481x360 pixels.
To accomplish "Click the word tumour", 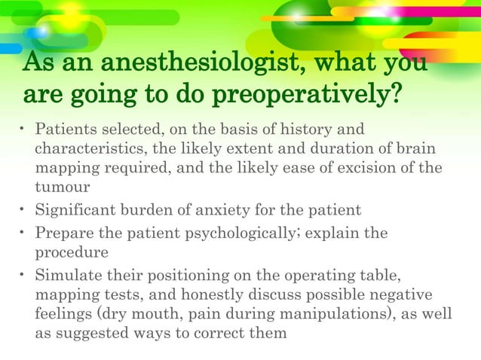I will [x=63, y=185].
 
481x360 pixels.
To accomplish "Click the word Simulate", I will [x=70, y=274].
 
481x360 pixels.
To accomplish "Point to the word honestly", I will [x=224, y=294].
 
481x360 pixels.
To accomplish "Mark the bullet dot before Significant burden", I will [x=23, y=209].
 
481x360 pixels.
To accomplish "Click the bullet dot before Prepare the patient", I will [x=23, y=233].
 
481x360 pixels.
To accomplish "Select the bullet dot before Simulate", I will [x=23, y=274].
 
